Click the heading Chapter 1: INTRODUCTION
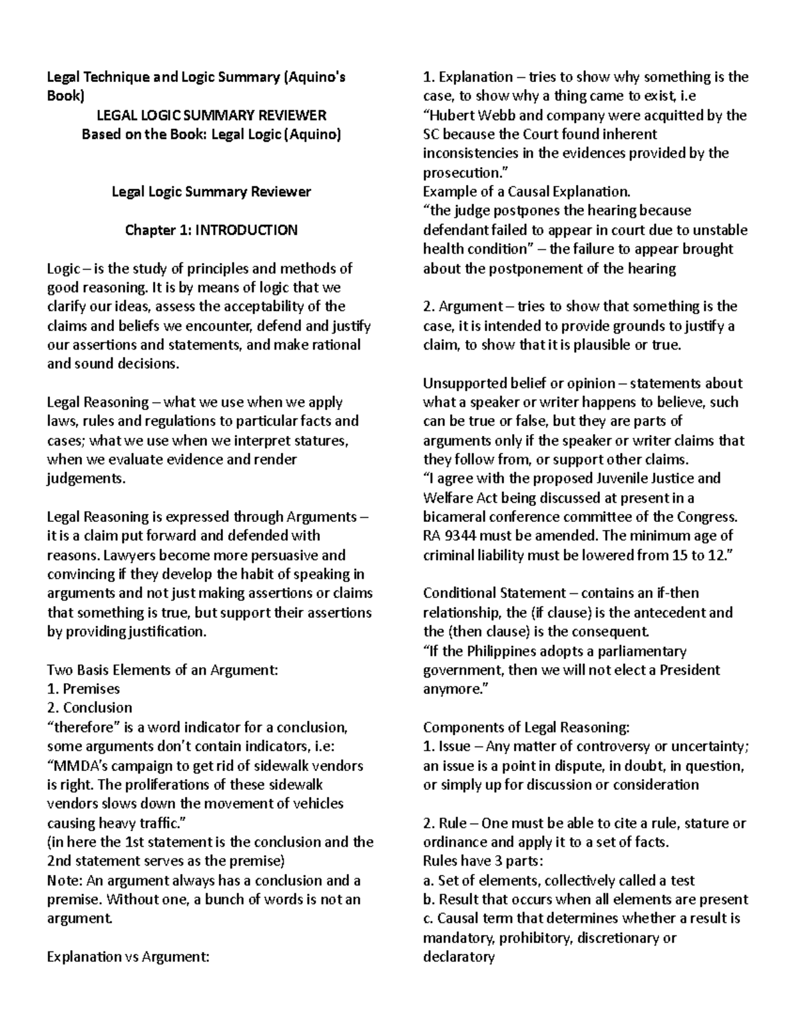coord(211,230)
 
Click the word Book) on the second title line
coord(65,96)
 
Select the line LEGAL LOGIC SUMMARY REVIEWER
coord(211,115)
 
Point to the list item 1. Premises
coord(83,688)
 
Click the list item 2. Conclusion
coord(89,708)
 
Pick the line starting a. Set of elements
coord(559,881)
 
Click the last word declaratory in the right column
coord(459,957)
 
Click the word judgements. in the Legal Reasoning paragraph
coord(85,478)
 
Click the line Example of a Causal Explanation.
coord(526,192)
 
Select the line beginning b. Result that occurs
coord(585,900)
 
